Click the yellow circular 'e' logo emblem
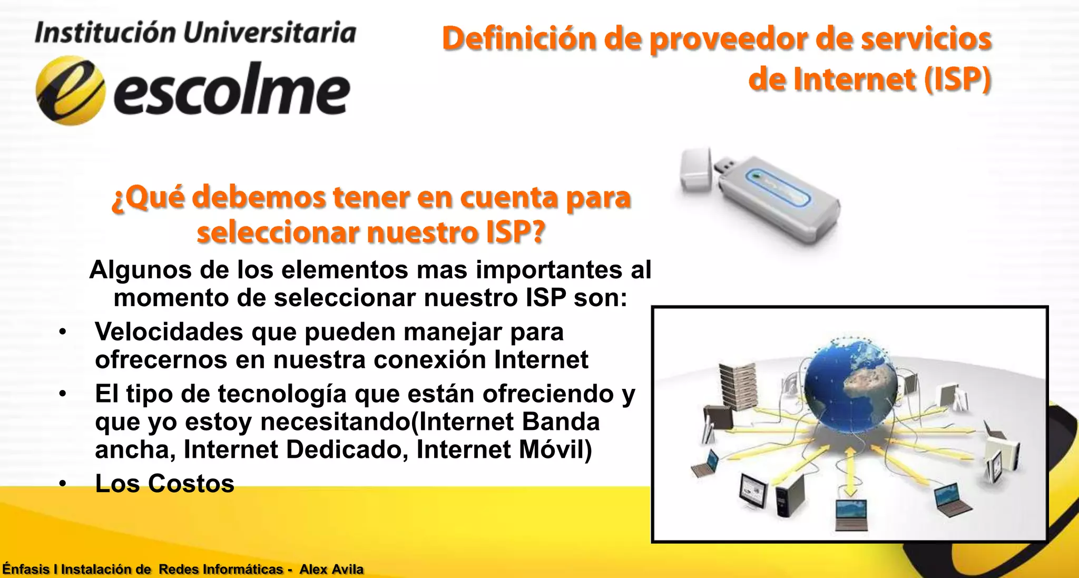click(x=70, y=91)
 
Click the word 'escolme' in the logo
click(x=232, y=91)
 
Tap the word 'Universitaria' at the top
click(x=270, y=33)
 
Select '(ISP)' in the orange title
click(x=958, y=80)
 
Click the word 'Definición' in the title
click(x=519, y=39)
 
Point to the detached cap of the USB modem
click(x=696, y=170)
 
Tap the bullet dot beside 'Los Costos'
click(x=63, y=484)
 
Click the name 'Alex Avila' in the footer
click(x=331, y=570)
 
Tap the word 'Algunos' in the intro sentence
click(x=140, y=270)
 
